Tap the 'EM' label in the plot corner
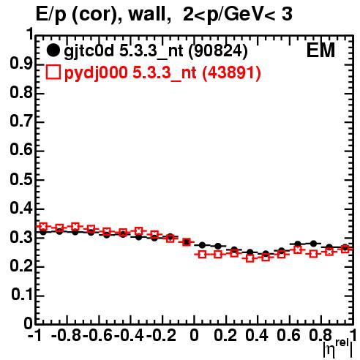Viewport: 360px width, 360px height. (x=320, y=50)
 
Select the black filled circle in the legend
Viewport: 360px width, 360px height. (x=53, y=50)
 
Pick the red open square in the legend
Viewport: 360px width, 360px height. (x=53, y=72)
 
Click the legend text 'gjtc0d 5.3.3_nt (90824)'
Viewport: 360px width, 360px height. (x=156, y=51)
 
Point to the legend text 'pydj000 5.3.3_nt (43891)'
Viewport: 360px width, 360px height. (x=162, y=72)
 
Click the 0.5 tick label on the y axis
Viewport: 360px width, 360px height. (x=21, y=180)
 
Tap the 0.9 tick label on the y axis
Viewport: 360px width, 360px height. (x=21, y=64)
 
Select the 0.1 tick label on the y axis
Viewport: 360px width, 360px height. (x=22, y=294)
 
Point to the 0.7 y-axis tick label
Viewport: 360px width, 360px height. (x=21, y=121)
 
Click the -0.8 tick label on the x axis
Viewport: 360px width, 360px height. (x=67, y=335)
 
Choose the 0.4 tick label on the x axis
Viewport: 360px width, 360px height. (x=257, y=335)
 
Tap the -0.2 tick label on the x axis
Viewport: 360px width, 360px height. (x=161, y=335)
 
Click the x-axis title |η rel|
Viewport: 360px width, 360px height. (x=338, y=348)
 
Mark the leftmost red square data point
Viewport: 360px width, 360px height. (x=43, y=226)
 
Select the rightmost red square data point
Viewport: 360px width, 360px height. (x=345, y=250)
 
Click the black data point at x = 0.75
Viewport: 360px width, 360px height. (x=313, y=244)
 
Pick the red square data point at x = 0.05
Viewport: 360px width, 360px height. (x=202, y=255)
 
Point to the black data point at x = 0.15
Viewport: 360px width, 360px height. (x=218, y=246)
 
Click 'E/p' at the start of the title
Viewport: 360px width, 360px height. (x=51, y=15)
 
